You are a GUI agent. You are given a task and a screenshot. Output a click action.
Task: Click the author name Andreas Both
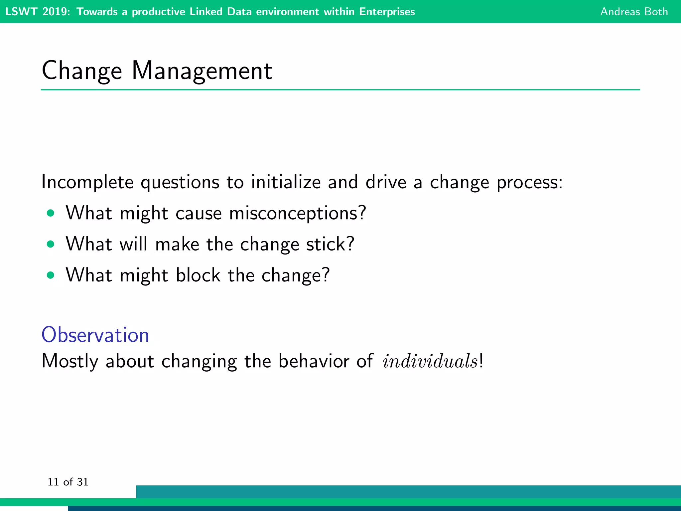point(634,12)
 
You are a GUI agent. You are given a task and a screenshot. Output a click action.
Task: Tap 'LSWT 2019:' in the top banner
point(38,12)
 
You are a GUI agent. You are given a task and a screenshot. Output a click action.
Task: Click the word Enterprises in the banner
point(387,12)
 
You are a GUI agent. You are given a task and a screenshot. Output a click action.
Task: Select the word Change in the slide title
point(82,71)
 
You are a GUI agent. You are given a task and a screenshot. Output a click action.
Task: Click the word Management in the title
point(202,71)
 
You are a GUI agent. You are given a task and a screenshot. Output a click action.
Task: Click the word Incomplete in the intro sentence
point(87,182)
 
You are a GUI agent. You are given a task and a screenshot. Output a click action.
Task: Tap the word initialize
point(286,182)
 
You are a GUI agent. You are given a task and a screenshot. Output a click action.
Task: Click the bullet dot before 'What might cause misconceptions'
point(51,213)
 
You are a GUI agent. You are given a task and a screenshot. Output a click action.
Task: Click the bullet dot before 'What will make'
point(51,245)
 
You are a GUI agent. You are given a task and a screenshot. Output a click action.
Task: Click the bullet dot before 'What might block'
point(51,275)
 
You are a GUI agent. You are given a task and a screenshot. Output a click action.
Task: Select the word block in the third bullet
point(198,275)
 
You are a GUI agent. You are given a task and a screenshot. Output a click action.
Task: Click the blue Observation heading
point(95,335)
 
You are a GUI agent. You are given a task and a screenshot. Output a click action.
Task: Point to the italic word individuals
point(430,361)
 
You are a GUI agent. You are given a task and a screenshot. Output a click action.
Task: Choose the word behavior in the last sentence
point(314,361)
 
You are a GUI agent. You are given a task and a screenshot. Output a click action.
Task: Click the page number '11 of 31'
point(68,482)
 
